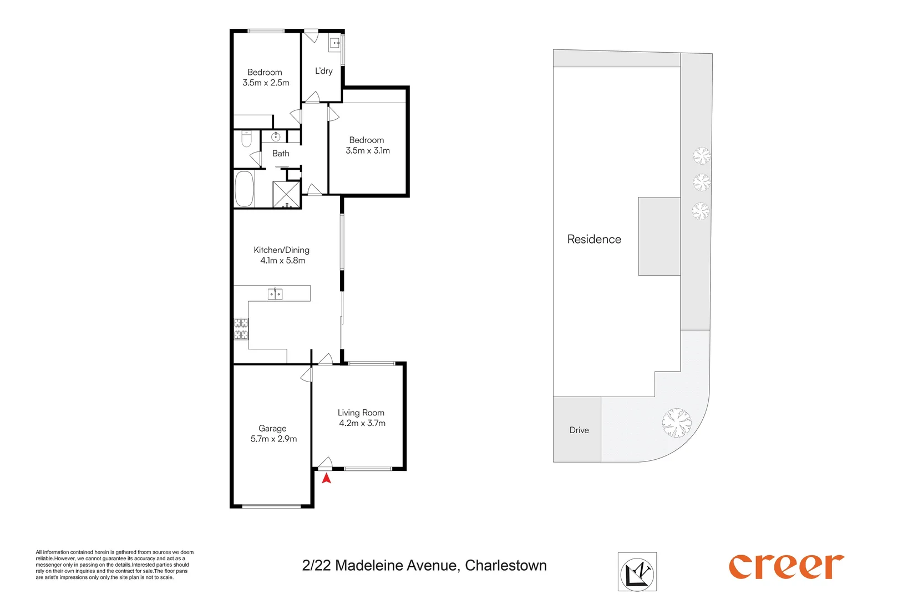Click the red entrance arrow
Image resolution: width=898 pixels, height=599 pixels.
326,478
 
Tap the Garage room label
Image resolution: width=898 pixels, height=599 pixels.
272,428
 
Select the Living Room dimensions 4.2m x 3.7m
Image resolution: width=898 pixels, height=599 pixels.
362,423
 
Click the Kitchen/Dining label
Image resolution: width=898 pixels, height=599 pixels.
281,250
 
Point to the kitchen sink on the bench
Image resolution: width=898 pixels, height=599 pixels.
275,293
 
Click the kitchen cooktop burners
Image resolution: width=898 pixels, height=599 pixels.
241,328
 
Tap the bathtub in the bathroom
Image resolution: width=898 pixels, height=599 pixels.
244,189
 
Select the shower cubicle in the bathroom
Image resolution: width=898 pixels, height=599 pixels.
286,194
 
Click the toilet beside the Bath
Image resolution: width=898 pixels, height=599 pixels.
246,139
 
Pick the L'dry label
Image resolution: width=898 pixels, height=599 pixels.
324,71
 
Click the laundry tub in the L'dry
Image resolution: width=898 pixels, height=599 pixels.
335,43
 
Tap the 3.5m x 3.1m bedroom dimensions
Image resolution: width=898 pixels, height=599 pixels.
368,151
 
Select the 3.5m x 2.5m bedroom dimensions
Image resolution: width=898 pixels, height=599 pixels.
266,83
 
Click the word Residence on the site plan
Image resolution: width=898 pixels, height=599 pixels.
594,240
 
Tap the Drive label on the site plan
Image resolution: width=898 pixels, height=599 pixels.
579,430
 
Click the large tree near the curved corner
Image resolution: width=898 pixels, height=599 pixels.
677,423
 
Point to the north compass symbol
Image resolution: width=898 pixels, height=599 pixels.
637,572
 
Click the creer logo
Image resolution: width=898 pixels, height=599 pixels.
786,566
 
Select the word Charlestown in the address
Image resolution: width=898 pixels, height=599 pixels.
506,566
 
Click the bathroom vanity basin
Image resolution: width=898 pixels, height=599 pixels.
276,136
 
